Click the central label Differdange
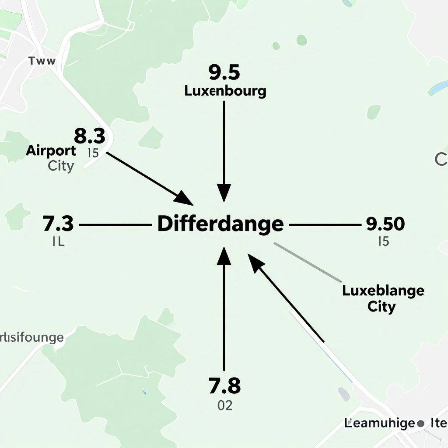click(x=220, y=224)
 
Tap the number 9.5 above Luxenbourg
click(x=224, y=73)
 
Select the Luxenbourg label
click(x=225, y=91)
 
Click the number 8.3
click(x=89, y=136)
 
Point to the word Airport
click(x=51, y=151)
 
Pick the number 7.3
click(x=58, y=224)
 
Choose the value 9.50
click(x=385, y=224)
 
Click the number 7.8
click(x=224, y=386)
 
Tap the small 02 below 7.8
click(x=225, y=406)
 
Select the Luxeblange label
click(x=383, y=290)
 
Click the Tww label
click(x=42, y=61)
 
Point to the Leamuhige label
click(x=379, y=423)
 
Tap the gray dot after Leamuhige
click(x=421, y=423)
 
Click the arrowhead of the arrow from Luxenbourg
click(x=224, y=192)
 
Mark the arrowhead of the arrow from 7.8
click(x=224, y=256)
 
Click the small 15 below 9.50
click(x=383, y=241)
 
